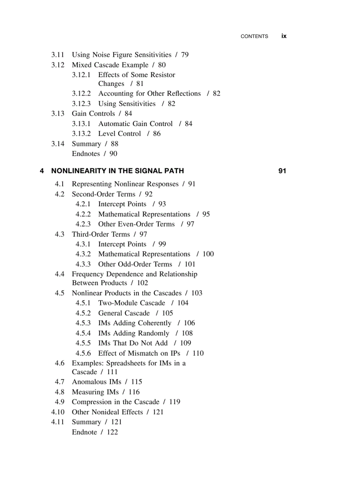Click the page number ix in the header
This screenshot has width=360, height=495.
[x=284, y=36]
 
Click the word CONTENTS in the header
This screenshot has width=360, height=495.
[x=254, y=37]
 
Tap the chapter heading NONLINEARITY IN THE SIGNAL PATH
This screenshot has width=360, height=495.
[x=117, y=171]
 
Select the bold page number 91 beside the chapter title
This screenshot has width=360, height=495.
[x=282, y=171]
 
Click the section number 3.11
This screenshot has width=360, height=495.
[x=58, y=55]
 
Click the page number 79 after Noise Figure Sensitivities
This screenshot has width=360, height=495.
[x=185, y=55]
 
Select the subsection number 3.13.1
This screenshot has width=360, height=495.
[x=81, y=123]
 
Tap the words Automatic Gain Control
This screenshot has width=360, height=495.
[x=135, y=123]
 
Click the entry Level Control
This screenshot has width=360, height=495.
[x=120, y=134]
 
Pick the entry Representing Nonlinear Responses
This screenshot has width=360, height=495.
[x=125, y=184]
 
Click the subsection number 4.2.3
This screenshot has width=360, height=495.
[x=83, y=224]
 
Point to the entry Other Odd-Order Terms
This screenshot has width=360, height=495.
[x=135, y=264]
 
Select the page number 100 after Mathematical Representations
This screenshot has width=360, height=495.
[x=208, y=254]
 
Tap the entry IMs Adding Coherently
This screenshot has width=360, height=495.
[x=135, y=323]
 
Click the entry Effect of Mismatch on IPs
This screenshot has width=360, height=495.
[x=139, y=353]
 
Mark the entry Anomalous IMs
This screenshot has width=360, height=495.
[x=97, y=382]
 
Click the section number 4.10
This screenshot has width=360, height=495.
[x=58, y=412]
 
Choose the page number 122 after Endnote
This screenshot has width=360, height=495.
[x=112, y=432]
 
